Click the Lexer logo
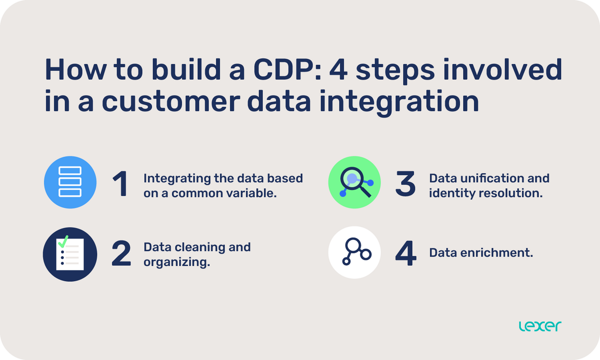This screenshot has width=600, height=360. coord(540,326)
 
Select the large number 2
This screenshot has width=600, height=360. coord(121,254)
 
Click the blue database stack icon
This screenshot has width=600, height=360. coord(70,182)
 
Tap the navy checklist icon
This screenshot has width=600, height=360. coord(70,254)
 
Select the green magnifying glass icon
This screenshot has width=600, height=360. coord(355,182)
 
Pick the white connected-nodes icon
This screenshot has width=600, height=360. coord(355,252)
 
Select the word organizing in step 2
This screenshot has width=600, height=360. coord(176,262)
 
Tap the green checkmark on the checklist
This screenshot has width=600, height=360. coord(63,240)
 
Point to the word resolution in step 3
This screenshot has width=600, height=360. coord(513,193)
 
